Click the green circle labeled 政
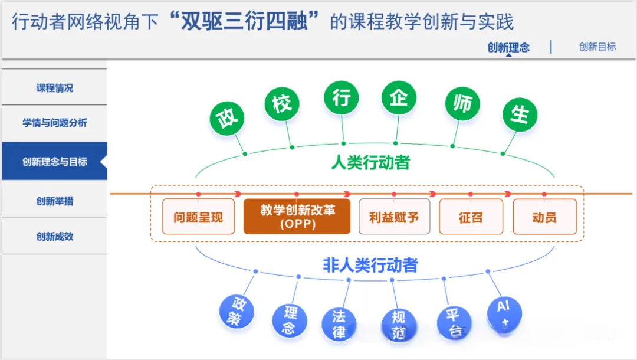(x=228, y=118)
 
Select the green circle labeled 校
(x=282, y=104)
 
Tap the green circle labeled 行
(x=342, y=98)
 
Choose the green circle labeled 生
(x=520, y=114)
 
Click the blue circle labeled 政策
(x=237, y=311)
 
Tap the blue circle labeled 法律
(x=339, y=324)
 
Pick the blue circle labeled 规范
(x=398, y=325)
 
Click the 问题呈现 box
(x=198, y=217)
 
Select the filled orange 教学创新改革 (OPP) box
(x=297, y=217)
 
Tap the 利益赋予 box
(x=394, y=217)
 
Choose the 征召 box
(x=471, y=217)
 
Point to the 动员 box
(x=544, y=217)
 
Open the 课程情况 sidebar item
(x=54, y=88)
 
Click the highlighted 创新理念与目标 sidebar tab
(x=54, y=161)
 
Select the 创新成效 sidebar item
(x=54, y=237)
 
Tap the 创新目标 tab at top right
(x=597, y=47)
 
